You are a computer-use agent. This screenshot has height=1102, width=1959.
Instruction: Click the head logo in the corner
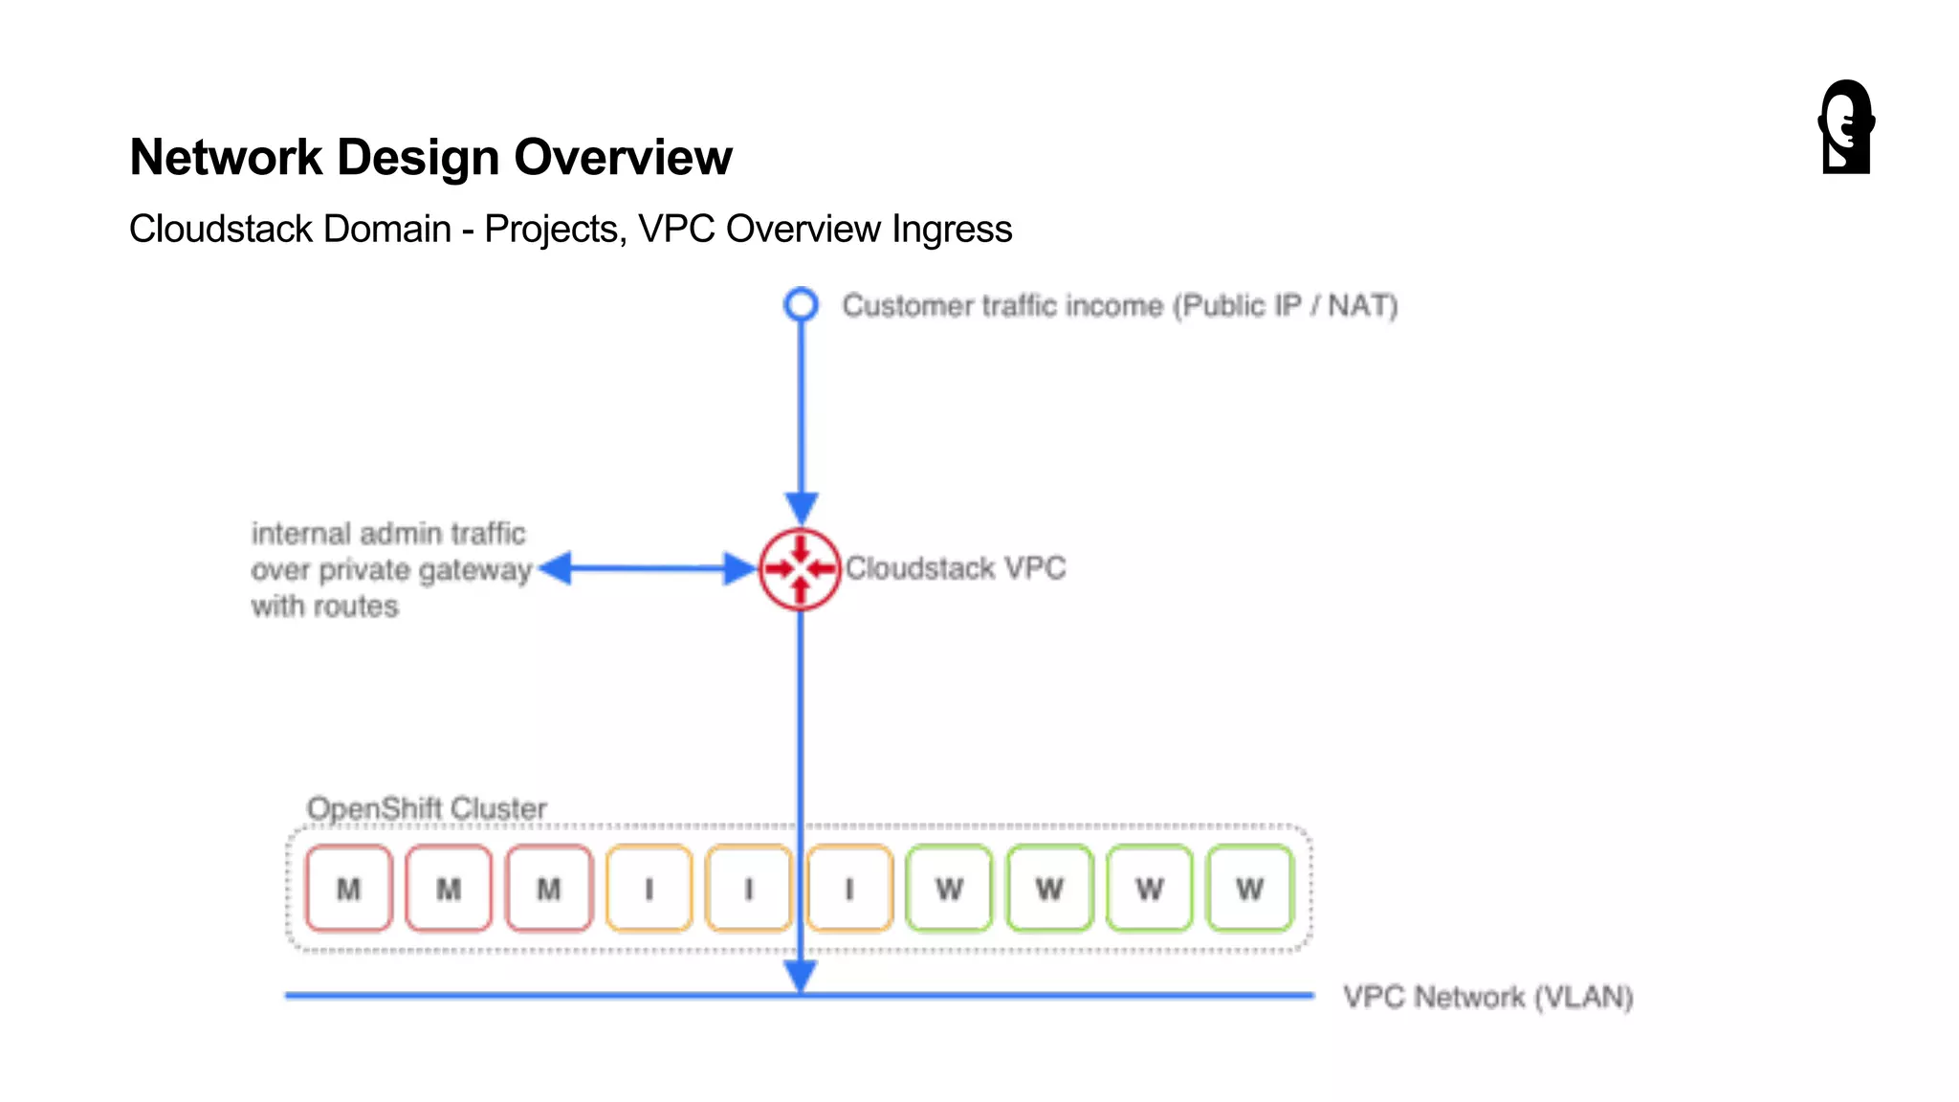click(1846, 127)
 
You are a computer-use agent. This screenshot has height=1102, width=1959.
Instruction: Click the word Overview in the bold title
click(623, 158)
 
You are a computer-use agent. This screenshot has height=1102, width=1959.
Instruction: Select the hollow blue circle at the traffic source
click(801, 305)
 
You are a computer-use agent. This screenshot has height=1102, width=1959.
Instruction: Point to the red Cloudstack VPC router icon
click(800, 569)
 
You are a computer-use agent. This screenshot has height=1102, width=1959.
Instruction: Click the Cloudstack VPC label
click(956, 568)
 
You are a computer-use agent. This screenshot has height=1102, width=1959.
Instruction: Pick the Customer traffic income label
click(1119, 306)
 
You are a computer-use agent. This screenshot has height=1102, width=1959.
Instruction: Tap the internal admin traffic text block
click(390, 569)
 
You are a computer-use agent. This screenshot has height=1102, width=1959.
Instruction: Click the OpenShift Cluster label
click(427, 808)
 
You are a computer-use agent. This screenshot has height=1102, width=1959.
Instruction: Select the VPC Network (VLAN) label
click(1487, 997)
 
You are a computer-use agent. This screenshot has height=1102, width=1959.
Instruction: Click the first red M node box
click(349, 889)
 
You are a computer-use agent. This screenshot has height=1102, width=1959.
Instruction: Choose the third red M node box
click(549, 889)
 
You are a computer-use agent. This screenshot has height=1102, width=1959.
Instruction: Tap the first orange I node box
click(649, 889)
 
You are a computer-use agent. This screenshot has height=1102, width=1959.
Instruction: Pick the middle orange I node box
click(749, 889)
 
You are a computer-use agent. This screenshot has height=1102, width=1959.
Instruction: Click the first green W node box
click(949, 889)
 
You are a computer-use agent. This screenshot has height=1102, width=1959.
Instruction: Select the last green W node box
click(1249, 889)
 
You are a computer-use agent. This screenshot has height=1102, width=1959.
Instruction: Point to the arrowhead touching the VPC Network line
click(801, 976)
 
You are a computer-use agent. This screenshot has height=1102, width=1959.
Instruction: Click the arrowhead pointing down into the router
click(802, 507)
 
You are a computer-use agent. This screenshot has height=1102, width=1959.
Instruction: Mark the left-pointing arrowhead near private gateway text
click(556, 568)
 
